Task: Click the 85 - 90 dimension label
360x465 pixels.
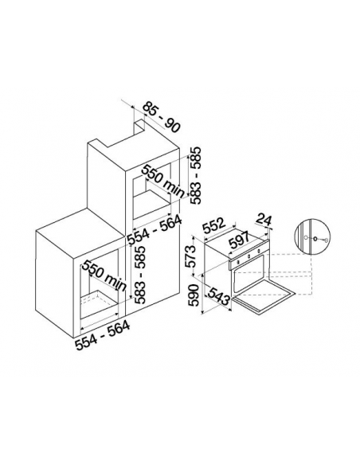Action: click(x=162, y=118)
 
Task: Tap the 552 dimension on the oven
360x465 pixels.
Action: click(x=214, y=226)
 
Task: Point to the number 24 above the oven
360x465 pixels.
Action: click(x=264, y=220)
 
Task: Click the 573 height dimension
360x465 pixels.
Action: click(x=193, y=256)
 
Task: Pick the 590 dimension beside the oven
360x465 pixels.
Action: click(x=194, y=295)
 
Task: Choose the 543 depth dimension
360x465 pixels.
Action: click(x=218, y=295)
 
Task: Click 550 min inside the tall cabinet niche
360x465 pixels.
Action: click(x=162, y=182)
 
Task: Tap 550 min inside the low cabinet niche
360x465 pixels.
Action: click(x=104, y=275)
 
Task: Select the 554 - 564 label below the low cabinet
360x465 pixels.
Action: click(x=102, y=335)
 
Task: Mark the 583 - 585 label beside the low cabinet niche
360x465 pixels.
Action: click(x=139, y=275)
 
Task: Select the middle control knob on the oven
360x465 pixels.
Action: click(x=248, y=256)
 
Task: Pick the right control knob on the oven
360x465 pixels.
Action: click(x=259, y=252)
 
